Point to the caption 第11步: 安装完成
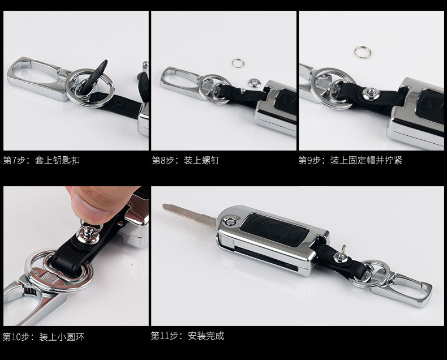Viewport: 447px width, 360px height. point(188,336)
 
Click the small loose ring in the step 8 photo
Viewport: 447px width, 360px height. point(238,63)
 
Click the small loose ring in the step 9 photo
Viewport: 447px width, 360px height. point(363,52)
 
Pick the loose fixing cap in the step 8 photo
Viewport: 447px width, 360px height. point(253,83)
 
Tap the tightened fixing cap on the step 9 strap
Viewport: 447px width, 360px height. point(371,93)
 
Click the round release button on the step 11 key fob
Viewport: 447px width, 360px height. point(230,221)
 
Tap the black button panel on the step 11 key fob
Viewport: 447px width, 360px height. point(274,230)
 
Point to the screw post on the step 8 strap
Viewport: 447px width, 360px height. point(243,91)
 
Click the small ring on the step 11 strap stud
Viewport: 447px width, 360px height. point(344,249)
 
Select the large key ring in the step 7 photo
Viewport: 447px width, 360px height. point(90,87)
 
